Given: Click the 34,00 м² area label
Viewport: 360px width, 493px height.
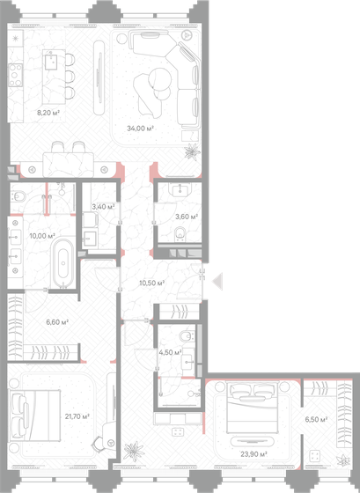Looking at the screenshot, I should point(141,129).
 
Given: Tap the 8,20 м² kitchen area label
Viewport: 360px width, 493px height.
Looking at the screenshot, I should point(48,113).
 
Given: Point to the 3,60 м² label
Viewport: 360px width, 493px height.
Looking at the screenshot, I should point(186,217).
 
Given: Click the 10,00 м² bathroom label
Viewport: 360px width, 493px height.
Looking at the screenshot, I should point(42,236).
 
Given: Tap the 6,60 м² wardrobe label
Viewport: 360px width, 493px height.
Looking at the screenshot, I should point(57,322).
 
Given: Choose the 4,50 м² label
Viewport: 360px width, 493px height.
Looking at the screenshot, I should point(170,353).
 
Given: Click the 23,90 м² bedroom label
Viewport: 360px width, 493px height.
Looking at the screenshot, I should point(253,454).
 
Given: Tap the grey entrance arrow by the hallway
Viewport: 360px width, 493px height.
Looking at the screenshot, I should point(220,281).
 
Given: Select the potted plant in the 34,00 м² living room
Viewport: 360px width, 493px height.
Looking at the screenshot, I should point(189,151).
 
